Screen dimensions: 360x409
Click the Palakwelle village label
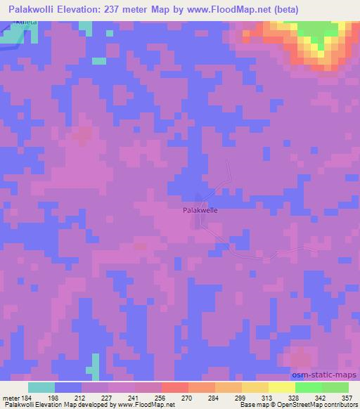200,209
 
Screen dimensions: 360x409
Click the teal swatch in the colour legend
41,387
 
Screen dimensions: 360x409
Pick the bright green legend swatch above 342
309,387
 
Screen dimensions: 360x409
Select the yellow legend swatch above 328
282,387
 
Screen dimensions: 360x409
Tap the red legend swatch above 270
175,387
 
